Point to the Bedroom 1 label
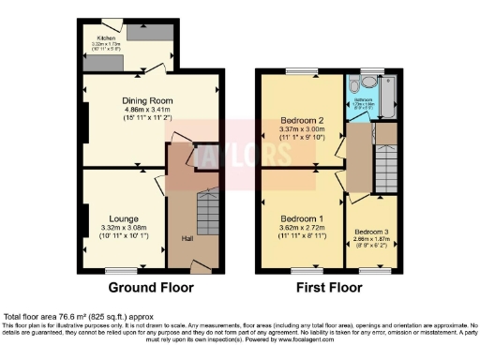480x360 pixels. point(302,218)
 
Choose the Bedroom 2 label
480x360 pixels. point(302,121)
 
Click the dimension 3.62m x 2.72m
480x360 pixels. point(302,228)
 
